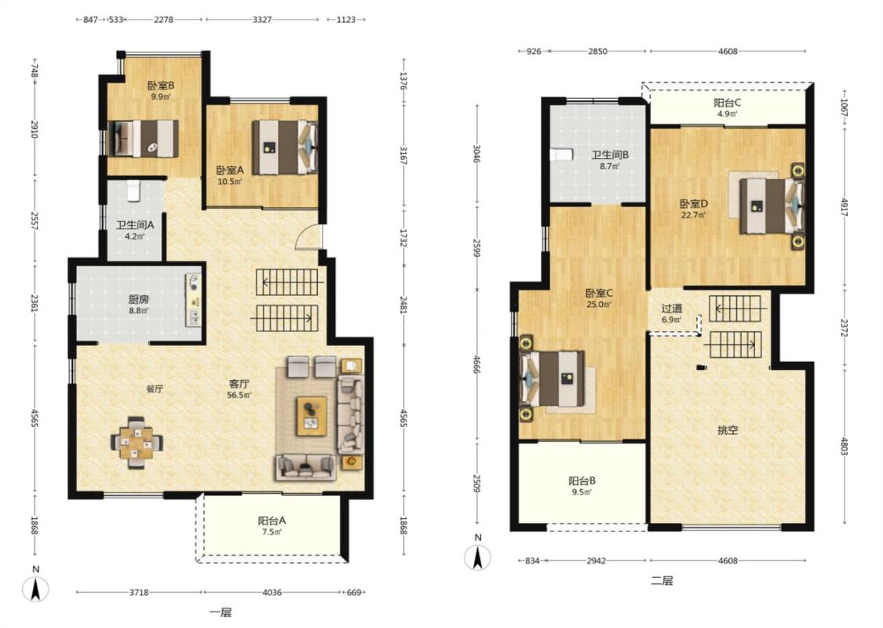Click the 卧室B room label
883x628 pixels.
[160, 86]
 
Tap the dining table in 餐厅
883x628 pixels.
[137, 443]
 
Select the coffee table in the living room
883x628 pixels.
[312, 416]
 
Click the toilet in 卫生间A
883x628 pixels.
[133, 191]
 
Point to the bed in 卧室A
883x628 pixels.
[285, 148]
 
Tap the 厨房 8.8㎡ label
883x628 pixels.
[138, 305]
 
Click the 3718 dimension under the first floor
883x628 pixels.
[139, 593]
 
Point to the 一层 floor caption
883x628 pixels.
[221, 613]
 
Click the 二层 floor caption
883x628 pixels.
[662, 581]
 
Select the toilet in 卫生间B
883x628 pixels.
[562, 154]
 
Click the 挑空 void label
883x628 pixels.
[728, 431]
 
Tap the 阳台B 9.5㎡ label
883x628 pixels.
[582, 486]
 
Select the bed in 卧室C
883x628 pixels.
[552, 378]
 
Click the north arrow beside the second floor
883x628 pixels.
[477, 557]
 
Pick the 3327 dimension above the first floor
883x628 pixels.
[262, 20]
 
